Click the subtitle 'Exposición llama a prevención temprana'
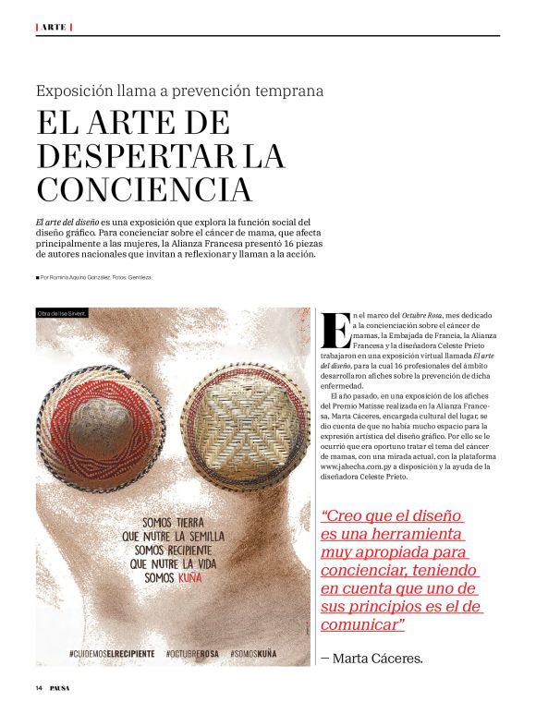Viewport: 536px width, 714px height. (179, 91)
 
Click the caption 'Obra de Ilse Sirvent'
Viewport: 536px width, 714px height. (62, 314)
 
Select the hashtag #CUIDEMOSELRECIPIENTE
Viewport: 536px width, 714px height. (111, 653)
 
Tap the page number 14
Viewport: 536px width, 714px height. (40, 688)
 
